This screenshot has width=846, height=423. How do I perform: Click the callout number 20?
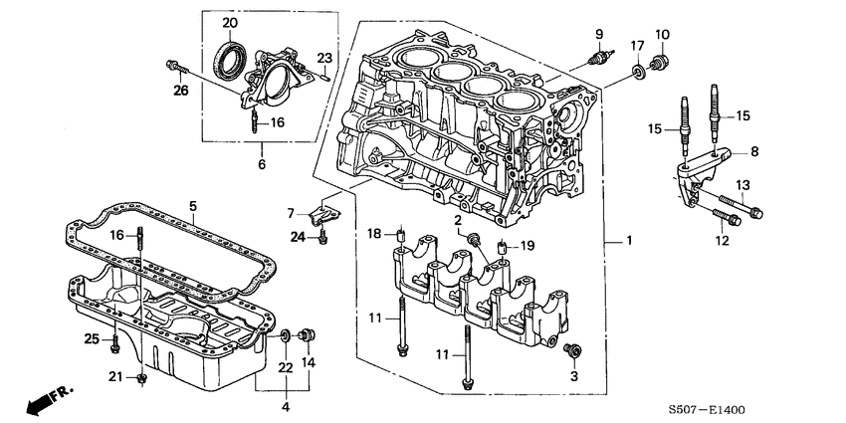pyautogui.click(x=230, y=23)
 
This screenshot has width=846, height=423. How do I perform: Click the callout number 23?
pyautogui.click(x=323, y=56)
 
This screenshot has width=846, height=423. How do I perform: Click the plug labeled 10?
pyautogui.click(x=657, y=67)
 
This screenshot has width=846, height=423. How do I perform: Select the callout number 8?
pyautogui.click(x=753, y=151)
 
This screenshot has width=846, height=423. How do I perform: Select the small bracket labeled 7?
pyautogui.click(x=323, y=213)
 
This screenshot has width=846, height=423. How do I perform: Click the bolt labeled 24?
pyautogui.click(x=323, y=238)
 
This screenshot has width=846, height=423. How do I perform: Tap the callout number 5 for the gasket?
pyautogui.click(x=194, y=208)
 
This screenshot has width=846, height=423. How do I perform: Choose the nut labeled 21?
pyautogui.click(x=143, y=379)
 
